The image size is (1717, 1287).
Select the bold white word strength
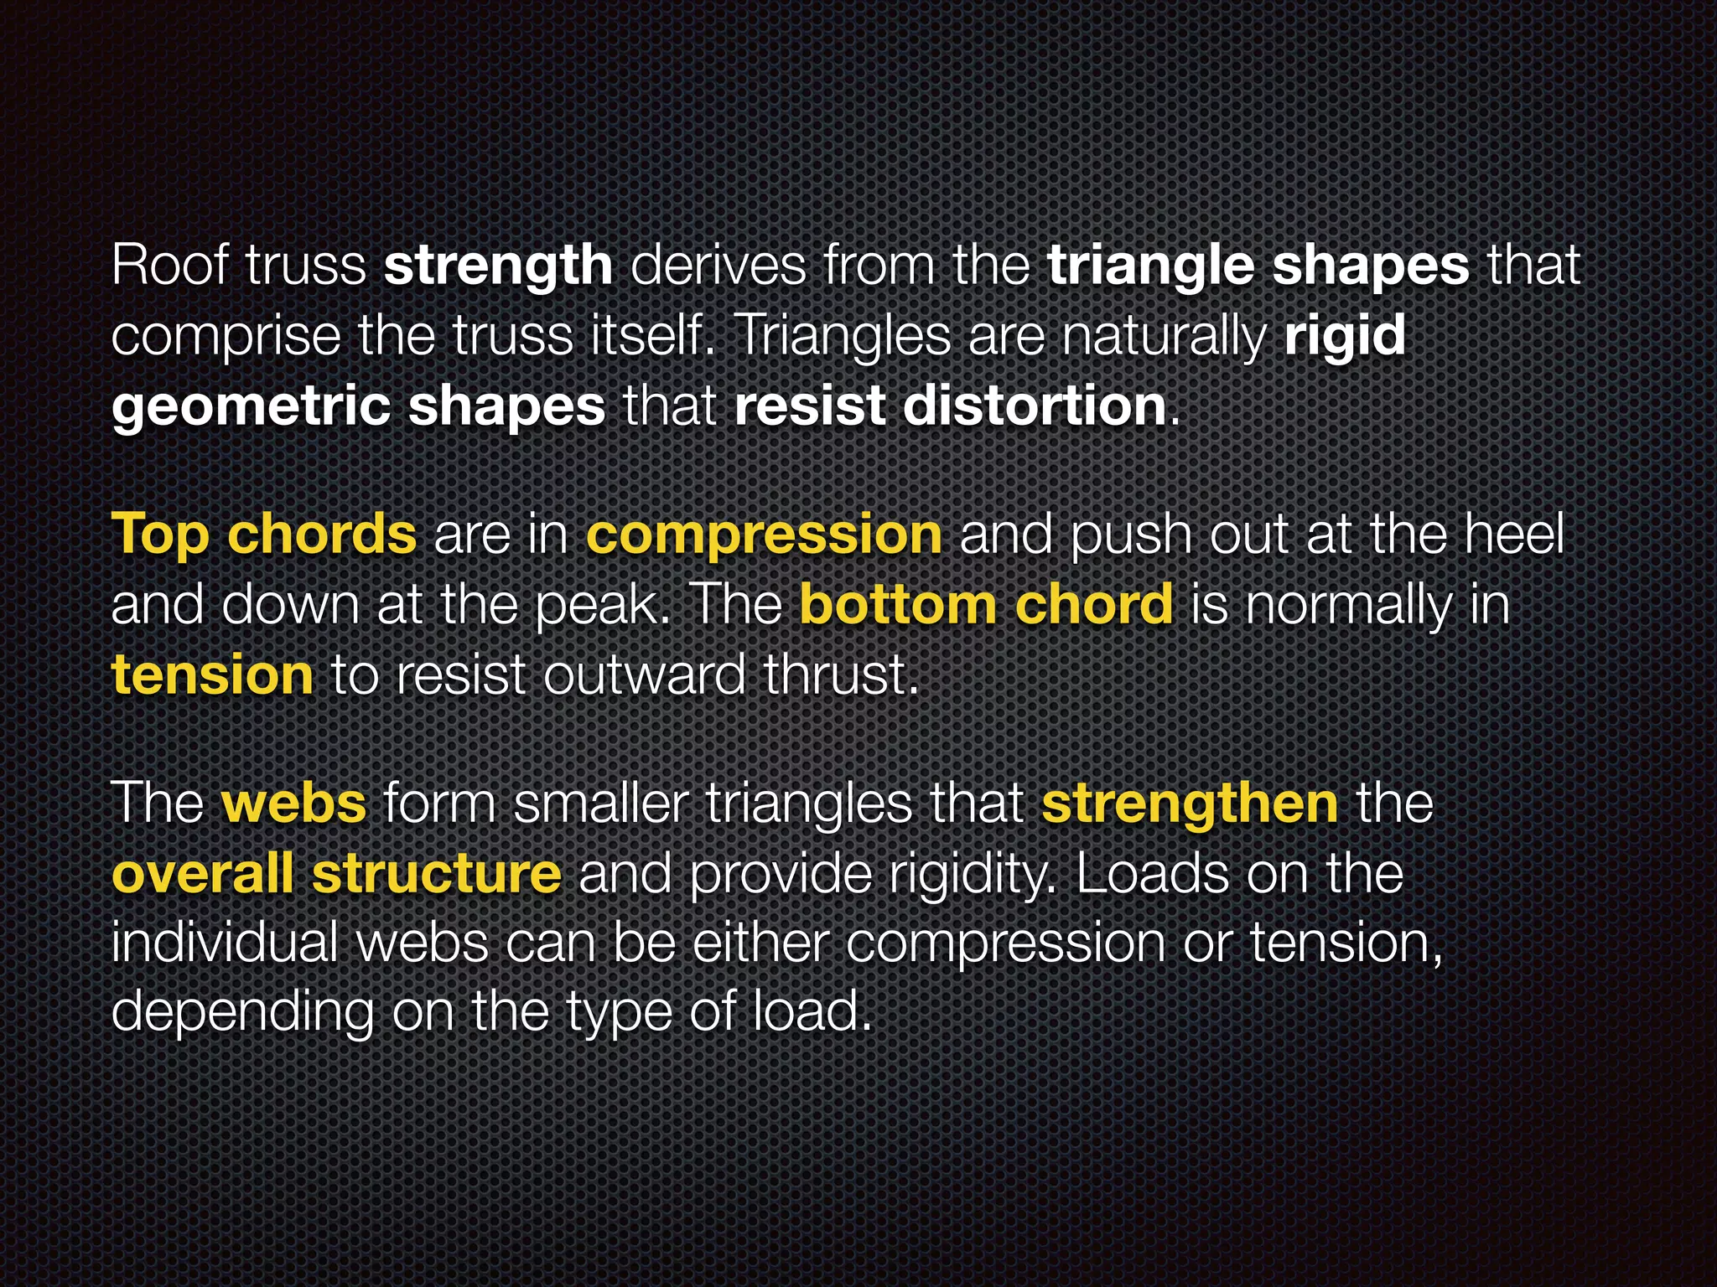(x=498, y=266)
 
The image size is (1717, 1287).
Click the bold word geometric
(x=251, y=407)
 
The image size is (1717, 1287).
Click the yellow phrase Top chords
(x=263, y=535)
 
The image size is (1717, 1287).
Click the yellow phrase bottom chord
(x=986, y=604)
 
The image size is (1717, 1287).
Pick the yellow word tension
(x=212, y=675)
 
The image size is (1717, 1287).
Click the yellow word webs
(x=293, y=803)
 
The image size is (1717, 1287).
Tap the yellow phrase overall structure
(x=336, y=873)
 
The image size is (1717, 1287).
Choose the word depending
(x=242, y=1012)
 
